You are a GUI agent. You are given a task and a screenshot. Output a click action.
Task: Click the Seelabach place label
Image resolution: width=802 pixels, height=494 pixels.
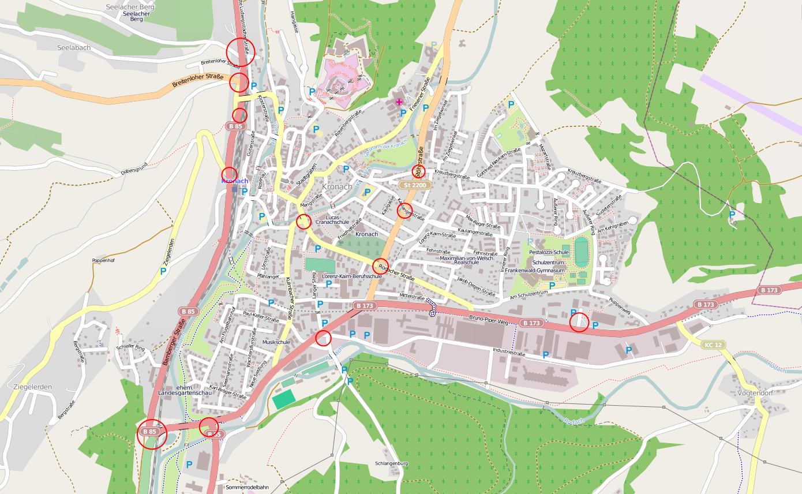(74, 47)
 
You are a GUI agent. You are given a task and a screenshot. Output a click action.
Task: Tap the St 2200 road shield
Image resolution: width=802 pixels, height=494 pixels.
(415, 185)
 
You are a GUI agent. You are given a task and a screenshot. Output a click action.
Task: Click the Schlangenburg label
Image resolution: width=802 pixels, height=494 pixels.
(391, 463)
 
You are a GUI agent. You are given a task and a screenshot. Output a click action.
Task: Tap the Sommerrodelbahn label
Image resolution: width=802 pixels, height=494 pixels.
(247, 487)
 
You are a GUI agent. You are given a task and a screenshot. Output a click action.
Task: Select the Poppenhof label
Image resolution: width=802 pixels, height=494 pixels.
(103, 260)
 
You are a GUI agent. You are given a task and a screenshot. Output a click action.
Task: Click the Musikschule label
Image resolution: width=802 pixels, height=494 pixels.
(276, 342)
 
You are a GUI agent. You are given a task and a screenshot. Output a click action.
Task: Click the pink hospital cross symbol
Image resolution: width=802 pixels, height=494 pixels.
(399, 102)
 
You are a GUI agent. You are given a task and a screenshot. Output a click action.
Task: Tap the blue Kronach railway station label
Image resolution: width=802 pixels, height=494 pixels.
(235, 181)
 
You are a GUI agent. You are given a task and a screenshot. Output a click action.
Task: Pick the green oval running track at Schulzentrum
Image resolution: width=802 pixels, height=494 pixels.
(581, 252)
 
